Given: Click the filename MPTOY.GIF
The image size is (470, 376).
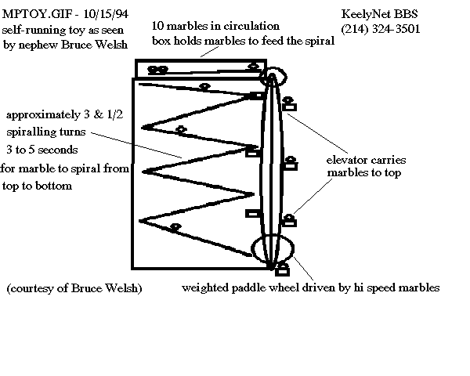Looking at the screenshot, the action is point(37,14).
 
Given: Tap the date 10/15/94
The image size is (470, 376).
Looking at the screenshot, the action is point(106,14).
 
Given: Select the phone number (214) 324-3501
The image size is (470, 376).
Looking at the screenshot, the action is point(381,29).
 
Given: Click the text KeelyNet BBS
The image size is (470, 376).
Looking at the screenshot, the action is point(379,14).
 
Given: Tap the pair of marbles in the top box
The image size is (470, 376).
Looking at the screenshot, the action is point(158,70).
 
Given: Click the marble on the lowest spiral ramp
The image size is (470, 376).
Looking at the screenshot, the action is point(175,227).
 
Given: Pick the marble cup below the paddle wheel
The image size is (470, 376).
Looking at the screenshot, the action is point(282,269).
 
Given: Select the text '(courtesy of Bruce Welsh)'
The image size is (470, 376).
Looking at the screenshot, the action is point(74,288).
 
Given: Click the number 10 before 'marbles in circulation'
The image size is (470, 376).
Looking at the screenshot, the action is point(157,26).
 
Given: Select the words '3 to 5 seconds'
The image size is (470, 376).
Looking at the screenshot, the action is point(42,150).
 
